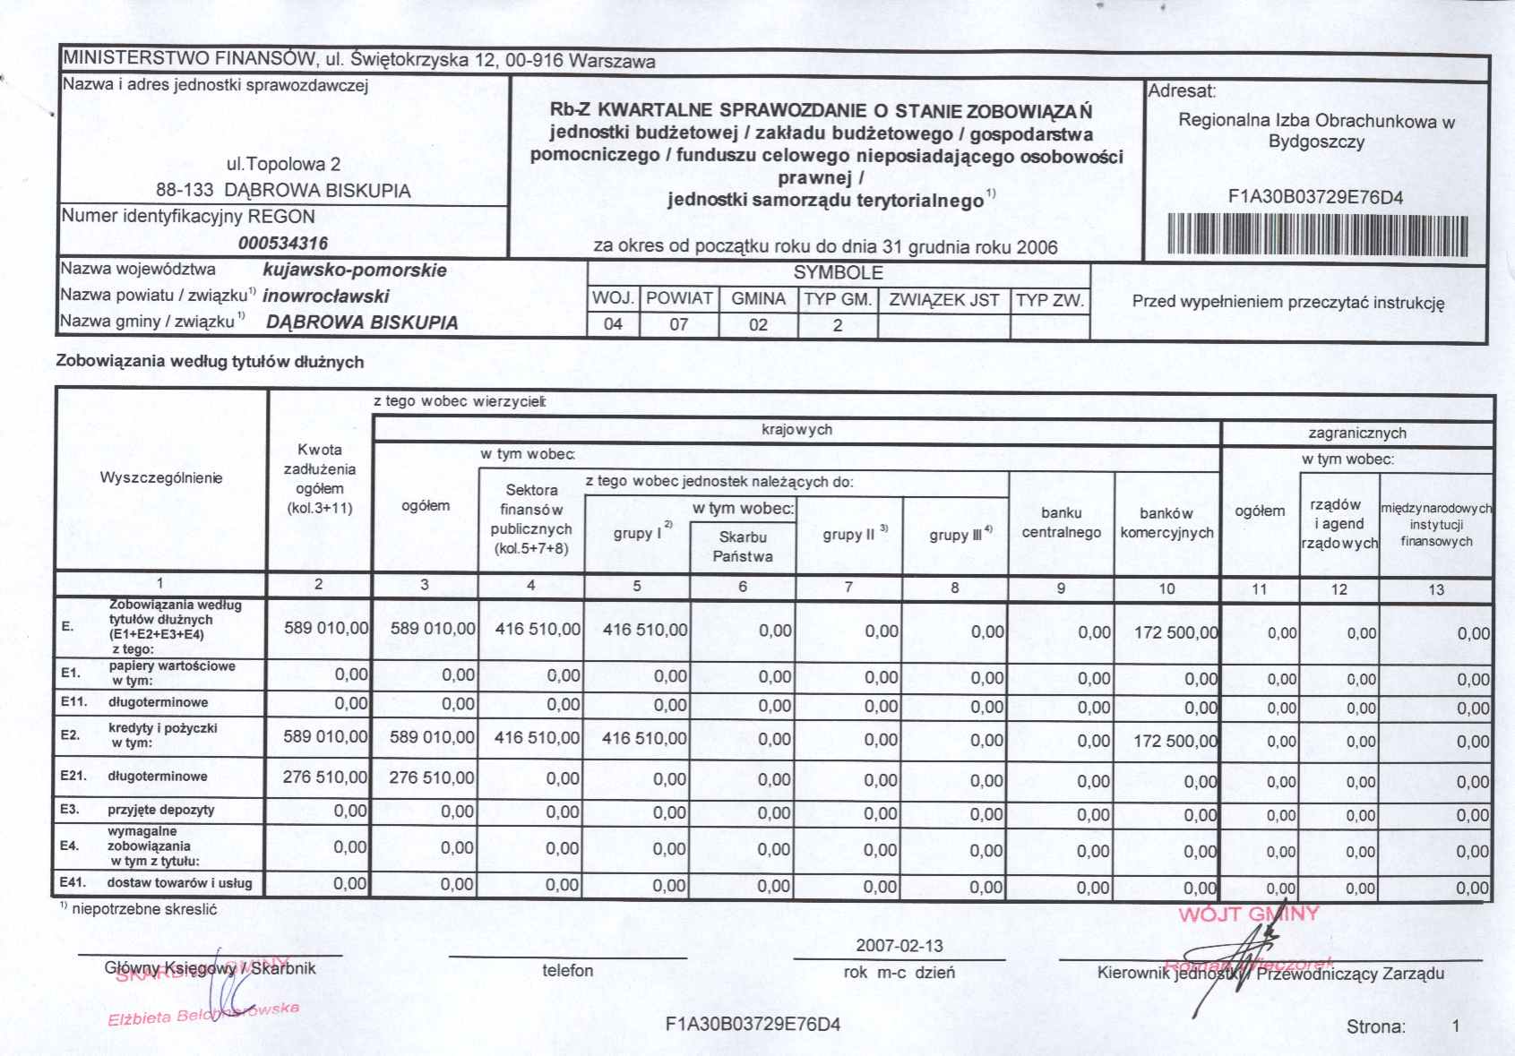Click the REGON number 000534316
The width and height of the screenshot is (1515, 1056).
point(283,243)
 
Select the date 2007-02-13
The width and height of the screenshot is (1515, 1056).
point(899,946)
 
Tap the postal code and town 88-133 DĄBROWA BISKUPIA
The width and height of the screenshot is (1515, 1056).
point(283,191)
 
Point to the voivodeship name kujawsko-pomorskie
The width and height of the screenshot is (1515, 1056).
point(355,270)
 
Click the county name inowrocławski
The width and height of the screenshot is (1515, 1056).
point(326,296)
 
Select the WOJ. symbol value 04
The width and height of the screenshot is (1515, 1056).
point(613,324)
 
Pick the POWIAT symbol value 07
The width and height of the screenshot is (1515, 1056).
point(679,324)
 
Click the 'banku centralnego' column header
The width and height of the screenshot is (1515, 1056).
point(1062,523)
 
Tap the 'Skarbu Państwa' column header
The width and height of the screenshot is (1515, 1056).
point(743,546)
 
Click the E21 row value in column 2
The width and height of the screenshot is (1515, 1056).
point(324,777)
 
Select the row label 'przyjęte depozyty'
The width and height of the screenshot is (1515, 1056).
point(161,810)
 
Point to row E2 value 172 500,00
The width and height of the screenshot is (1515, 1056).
point(1175,742)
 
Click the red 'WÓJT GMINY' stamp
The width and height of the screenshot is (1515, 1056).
point(1249,914)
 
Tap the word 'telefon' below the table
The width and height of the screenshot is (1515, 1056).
point(567,971)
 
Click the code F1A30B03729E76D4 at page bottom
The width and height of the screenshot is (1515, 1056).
point(753,1025)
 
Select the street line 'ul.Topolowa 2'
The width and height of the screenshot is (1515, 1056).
point(283,165)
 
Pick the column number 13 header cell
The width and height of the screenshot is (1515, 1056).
point(1436,589)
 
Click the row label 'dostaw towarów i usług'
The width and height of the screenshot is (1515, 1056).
point(179,883)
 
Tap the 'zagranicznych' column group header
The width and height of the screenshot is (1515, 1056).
point(1357,434)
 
